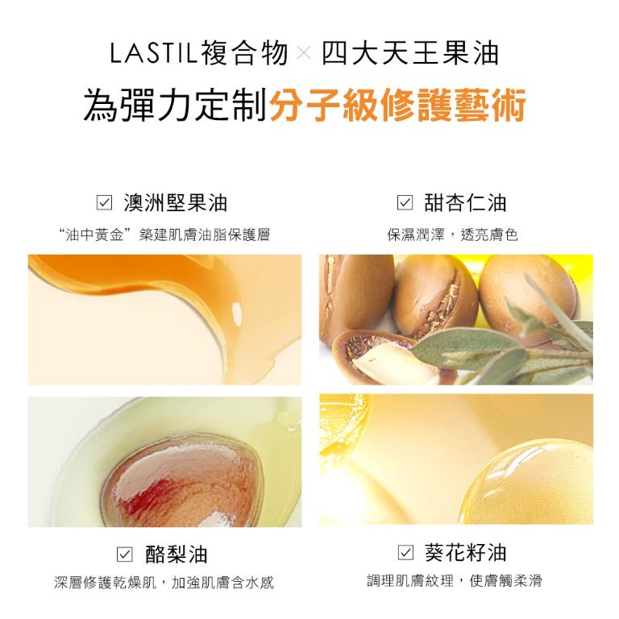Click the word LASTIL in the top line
click(152, 54)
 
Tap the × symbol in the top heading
click(303, 55)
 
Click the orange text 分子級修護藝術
click(398, 106)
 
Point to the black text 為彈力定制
click(176, 106)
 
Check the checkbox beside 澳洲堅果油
click(102, 202)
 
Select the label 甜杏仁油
click(465, 202)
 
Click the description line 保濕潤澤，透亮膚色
click(452, 235)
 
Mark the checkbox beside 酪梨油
click(124, 554)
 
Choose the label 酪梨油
click(176, 554)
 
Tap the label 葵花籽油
click(465, 553)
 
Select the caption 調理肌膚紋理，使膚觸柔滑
click(455, 581)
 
